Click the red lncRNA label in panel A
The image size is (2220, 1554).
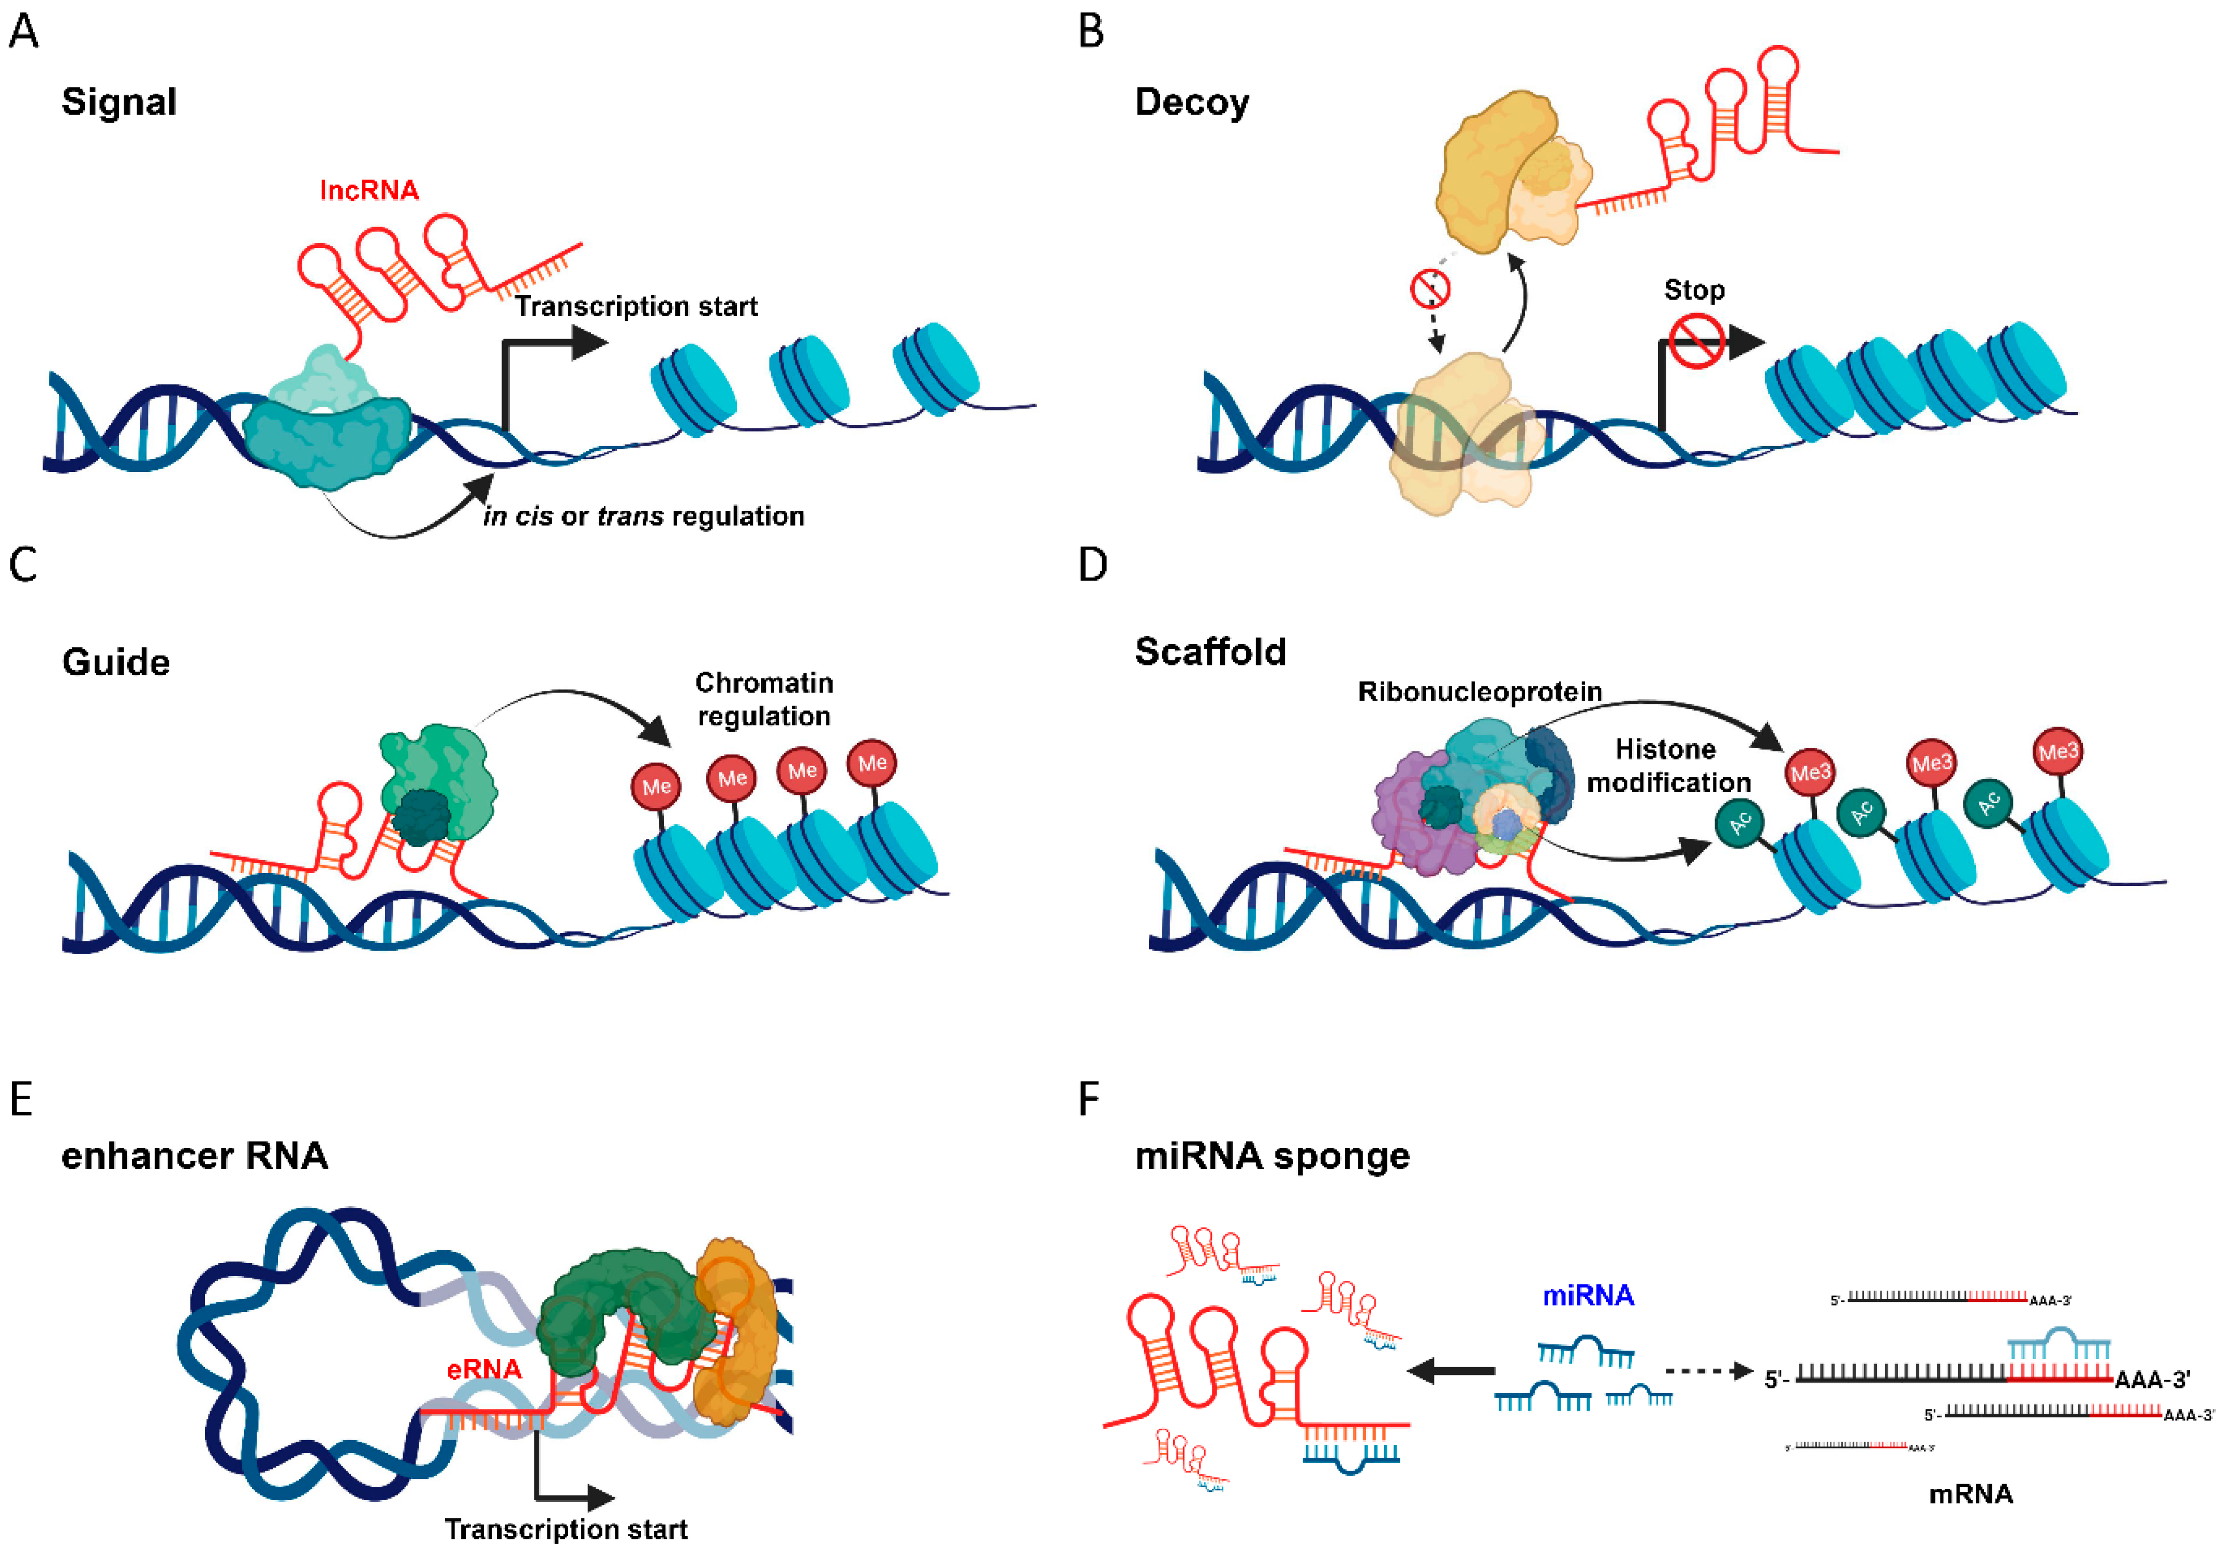pos(368,190)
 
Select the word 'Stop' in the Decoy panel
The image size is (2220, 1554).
pos(1694,290)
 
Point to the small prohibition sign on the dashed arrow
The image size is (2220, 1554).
pos(1429,288)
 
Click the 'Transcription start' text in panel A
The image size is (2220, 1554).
pos(635,306)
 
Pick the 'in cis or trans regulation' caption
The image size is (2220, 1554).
pos(644,516)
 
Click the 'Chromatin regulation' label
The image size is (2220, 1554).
pos(764,699)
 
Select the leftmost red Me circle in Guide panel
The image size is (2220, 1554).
pos(657,786)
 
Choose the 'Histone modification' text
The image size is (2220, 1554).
pos(1668,766)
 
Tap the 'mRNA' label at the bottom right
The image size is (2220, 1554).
pos(1971,1494)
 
